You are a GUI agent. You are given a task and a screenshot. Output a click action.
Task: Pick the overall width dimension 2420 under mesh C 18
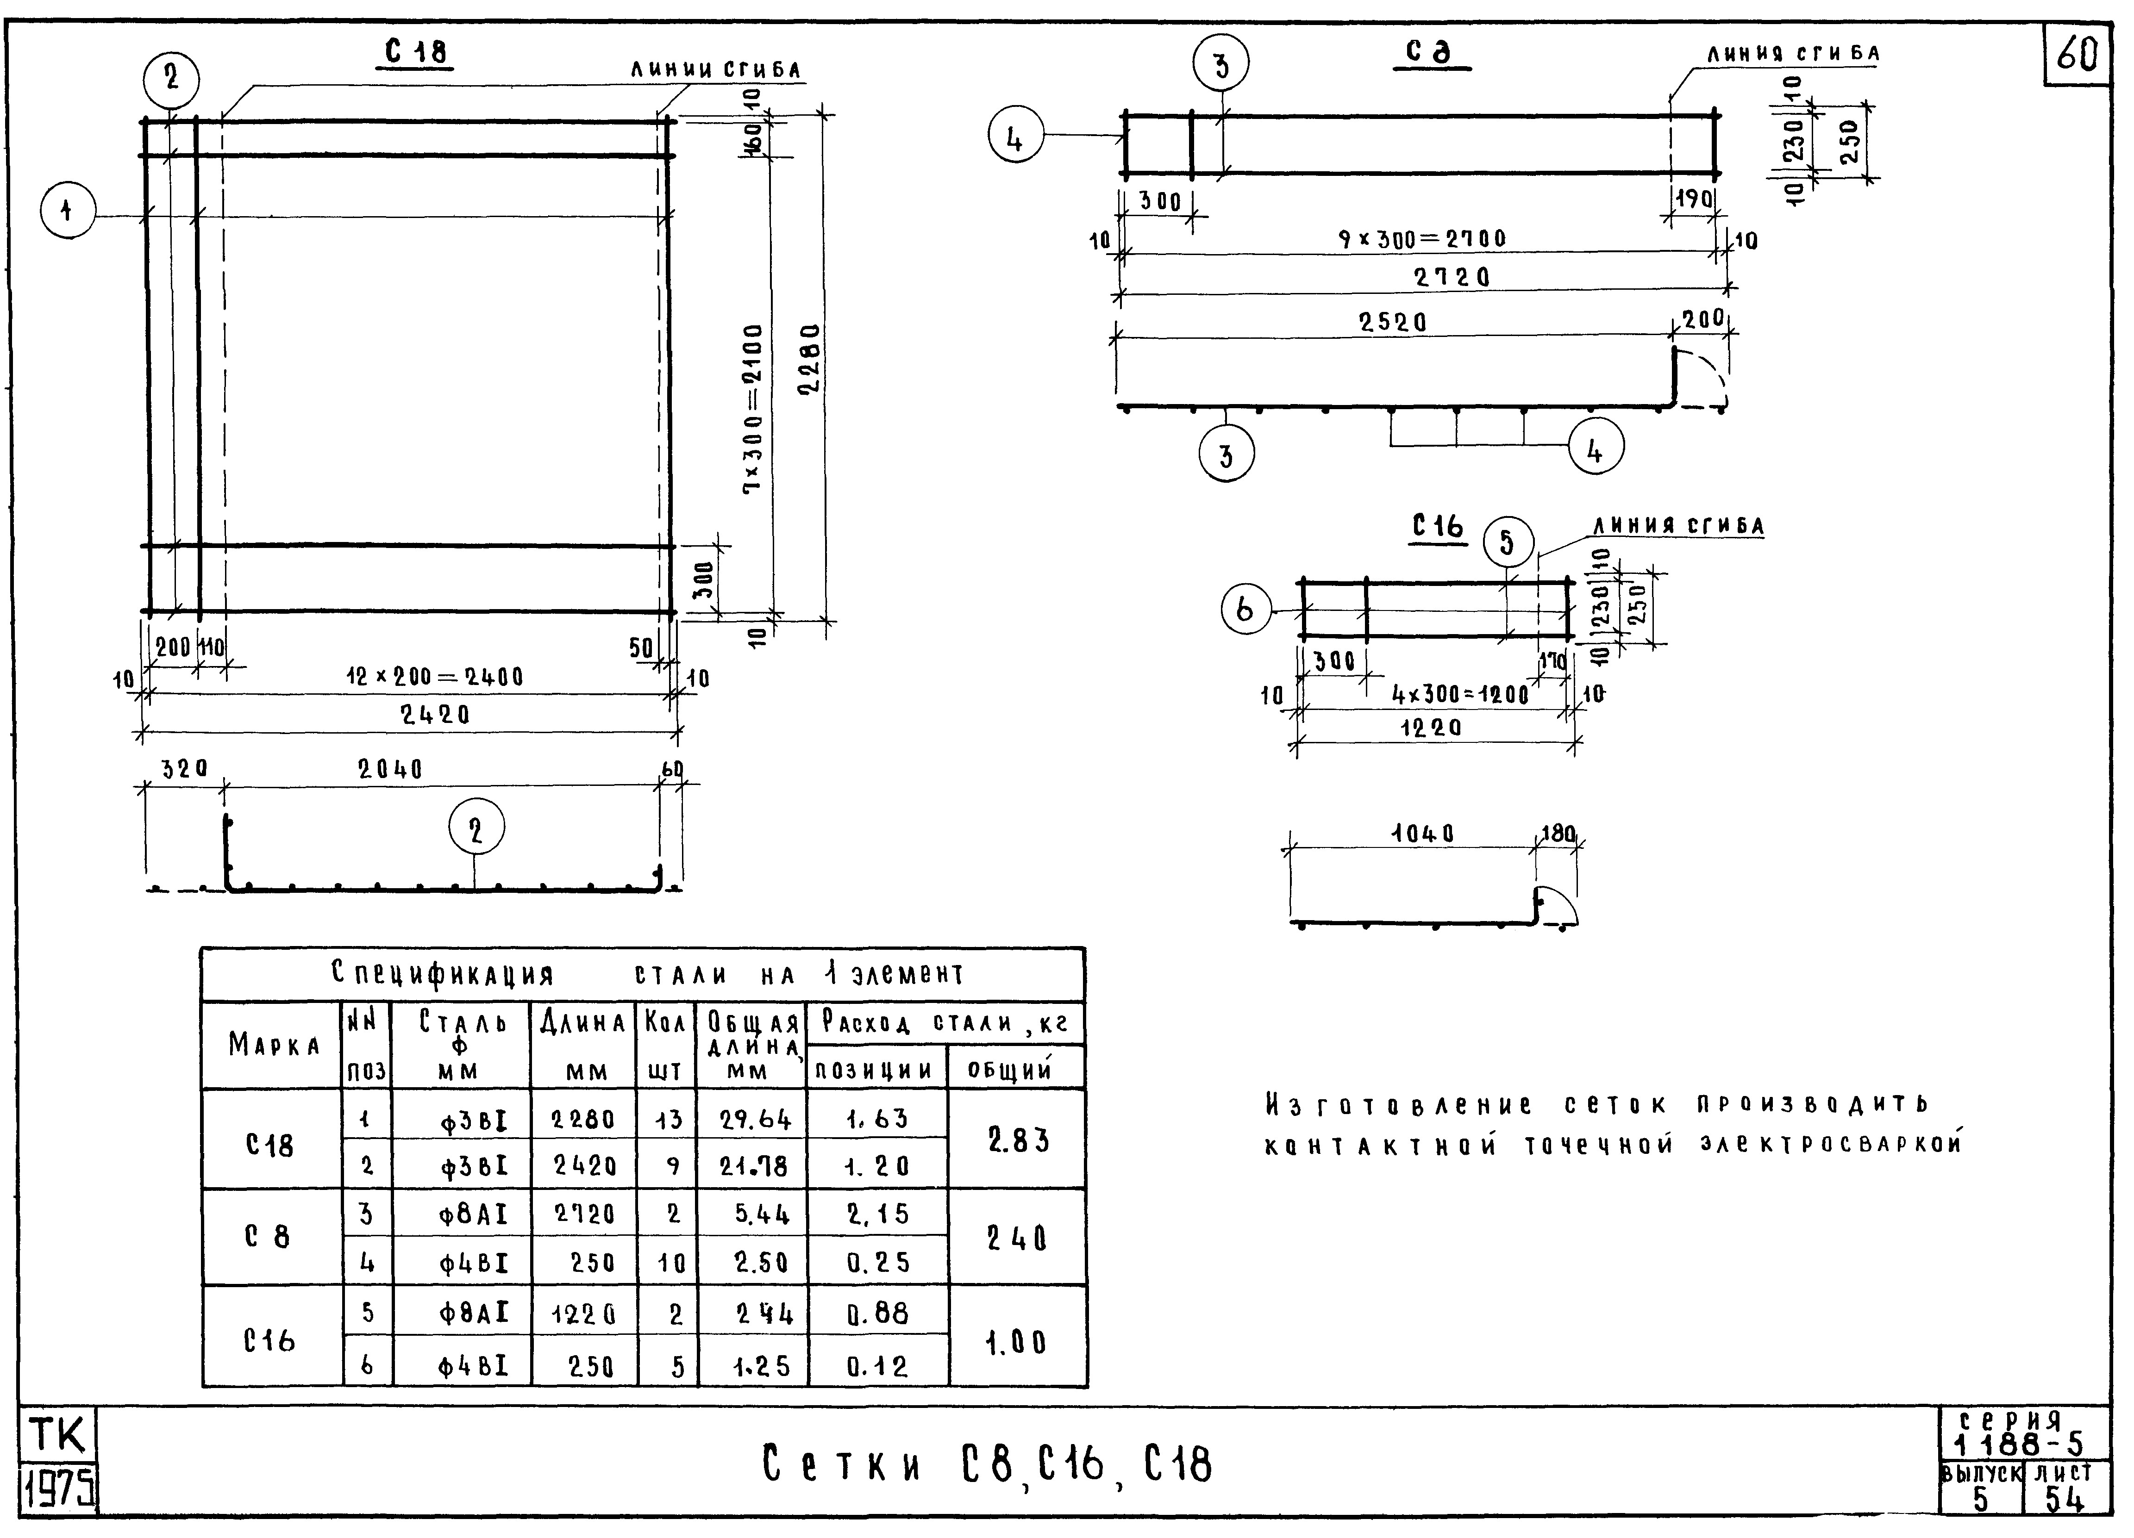(435, 715)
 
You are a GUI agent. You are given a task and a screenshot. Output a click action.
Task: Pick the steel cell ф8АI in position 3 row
(473, 1214)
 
